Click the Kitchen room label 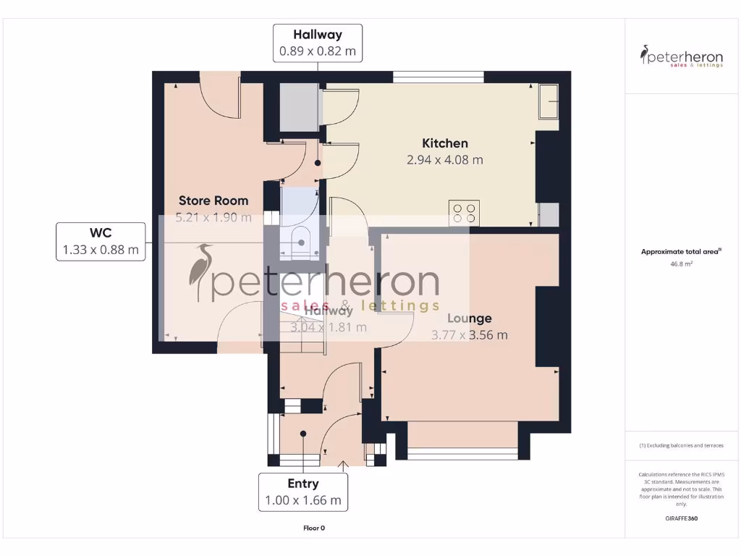pyautogui.click(x=444, y=143)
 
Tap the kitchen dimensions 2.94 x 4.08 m pyautogui.click(x=444, y=160)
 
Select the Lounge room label pyautogui.click(x=469, y=318)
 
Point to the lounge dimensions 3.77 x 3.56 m pyautogui.click(x=469, y=334)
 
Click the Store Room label pyautogui.click(x=213, y=201)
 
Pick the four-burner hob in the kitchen pyautogui.click(x=464, y=212)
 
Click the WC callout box pyautogui.click(x=101, y=242)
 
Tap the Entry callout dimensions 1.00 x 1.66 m pyautogui.click(x=303, y=500)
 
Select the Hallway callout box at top pyautogui.click(x=317, y=43)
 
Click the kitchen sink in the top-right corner pyautogui.click(x=549, y=101)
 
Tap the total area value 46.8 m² pyautogui.click(x=681, y=265)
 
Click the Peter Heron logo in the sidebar pyautogui.click(x=682, y=56)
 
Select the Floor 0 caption pyautogui.click(x=314, y=528)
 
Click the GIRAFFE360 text pyautogui.click(x=681, y=518)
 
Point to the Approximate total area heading pyautogui.click(x=681, y=252)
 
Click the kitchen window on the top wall pyautogui.click(x=439, y=76)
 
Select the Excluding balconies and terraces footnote pyautogui.click(x=681, y=445)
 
